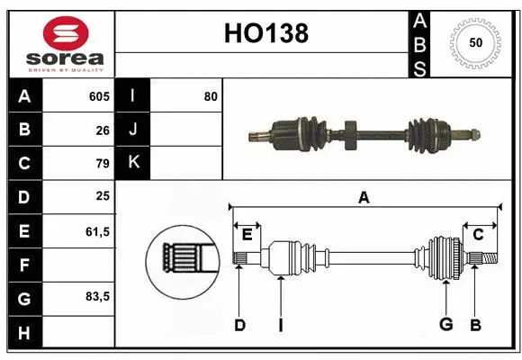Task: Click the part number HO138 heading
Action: pos(265,33)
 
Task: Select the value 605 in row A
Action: pos(99,96)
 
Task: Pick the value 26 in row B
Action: pos(103,130)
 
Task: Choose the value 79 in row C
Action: pos(103,163)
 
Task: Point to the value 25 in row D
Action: pos(103,196)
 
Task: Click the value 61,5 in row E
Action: pos(97,230)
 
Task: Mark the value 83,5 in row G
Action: pos(97,296)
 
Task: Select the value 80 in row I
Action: pos(211,96)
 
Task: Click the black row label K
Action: pos(133,163)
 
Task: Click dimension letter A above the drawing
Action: pos(364,197)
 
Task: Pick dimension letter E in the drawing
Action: pos(247,235)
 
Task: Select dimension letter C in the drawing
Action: pos(478,235)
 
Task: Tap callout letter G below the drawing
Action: pos(445,325)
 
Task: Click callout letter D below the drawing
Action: pos(239,325)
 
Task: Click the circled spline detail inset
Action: pos(183,260)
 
